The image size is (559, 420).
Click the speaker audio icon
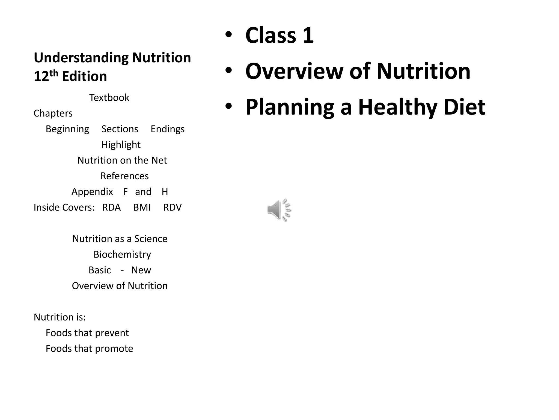(279, 210)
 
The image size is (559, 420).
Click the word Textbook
(109, 98)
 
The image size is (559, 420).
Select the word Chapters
(53, 113)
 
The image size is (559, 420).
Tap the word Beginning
(67, 129)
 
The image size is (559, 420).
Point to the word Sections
(120, 129)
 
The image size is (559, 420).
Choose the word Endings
(168, 129)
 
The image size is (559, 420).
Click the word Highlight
(121, 145)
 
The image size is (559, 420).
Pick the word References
(124, 176)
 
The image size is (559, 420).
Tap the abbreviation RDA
(111, 208)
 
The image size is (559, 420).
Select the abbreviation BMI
(142, 208)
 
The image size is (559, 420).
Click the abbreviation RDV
(172, 208)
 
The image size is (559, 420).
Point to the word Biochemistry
(122, 255)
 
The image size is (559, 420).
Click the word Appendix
(92, 192)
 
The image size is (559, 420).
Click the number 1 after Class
(308, 35)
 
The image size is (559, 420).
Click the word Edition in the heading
(84, 76)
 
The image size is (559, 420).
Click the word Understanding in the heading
(81, 58)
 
